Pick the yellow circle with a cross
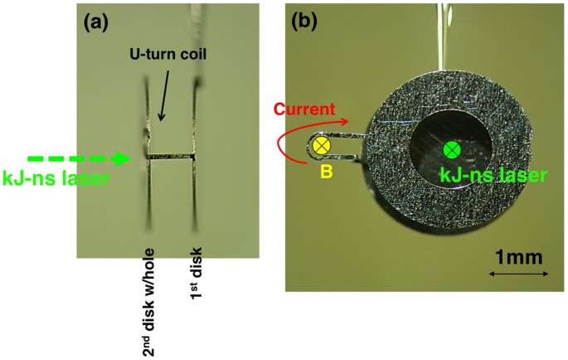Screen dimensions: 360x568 click(x=321, y=147)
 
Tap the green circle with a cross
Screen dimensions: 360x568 click(x=450, y=150)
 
